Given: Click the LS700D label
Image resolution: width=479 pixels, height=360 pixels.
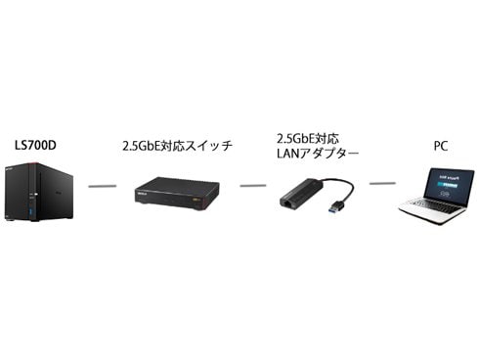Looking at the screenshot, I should tap(37, 146).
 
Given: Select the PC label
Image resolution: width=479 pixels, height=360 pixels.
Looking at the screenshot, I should tap(442, 146).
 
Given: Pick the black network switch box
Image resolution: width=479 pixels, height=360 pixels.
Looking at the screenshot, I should tap(176, 192).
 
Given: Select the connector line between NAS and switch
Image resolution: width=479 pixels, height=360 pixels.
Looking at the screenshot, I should tap(102, 184).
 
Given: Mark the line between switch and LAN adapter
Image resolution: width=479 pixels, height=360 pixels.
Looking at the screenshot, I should tap(253, 184).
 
